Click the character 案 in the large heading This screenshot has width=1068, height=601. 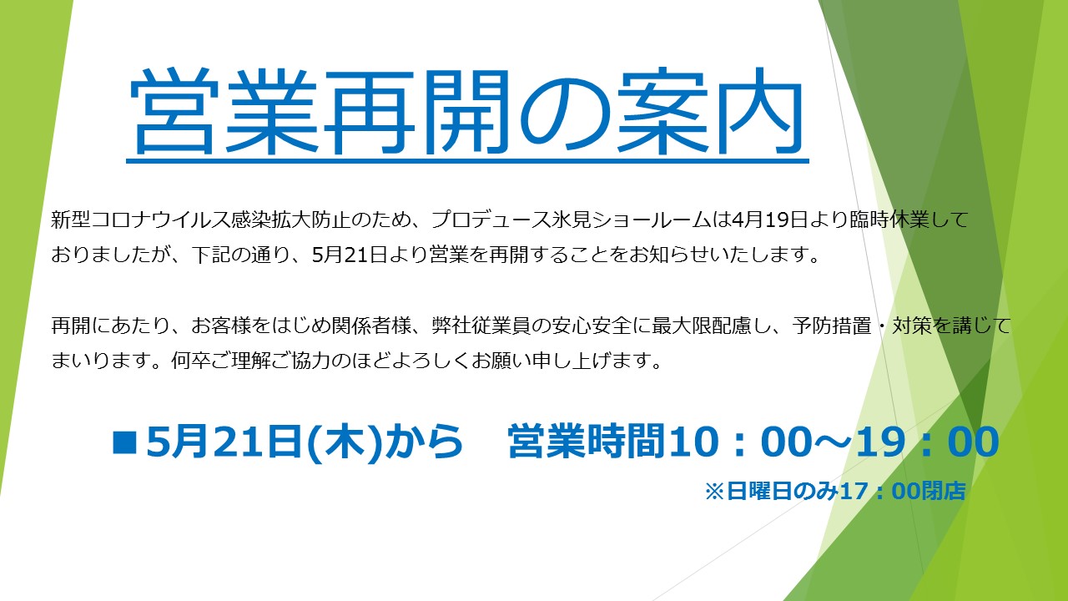pyautogui.click(x=662, y=112)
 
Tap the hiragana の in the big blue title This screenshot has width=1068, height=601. pyautogui.click(x=564, y=114)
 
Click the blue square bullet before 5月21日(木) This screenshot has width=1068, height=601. pyautogui.click(x=124, y=442)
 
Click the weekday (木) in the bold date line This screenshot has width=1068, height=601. pyautogui.click(x=345, y=442)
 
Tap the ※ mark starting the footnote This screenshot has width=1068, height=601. pyautogui.click(x=714, y=492)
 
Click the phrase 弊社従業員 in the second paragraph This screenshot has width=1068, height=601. pyautogui.click(x=481, y=326)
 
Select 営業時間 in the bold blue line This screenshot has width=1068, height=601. pyautogui.click(x=587, y=442)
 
